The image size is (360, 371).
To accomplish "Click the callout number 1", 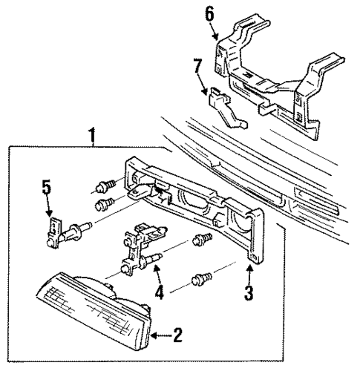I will [x=92, y=136].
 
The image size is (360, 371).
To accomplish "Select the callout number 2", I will [x=177, y=336].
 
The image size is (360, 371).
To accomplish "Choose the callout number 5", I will [x=47, y=187].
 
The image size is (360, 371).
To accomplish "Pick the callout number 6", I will [x=210, y=13].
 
